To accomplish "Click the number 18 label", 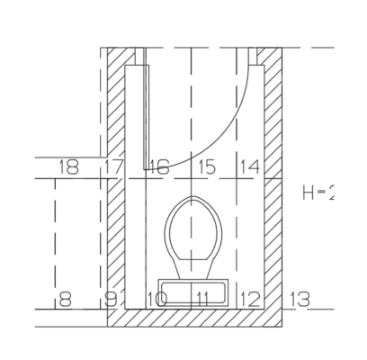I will tap(67, 167).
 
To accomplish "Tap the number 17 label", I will tap(113, 167).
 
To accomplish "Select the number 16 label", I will tap(159, 167).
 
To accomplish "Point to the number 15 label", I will tap(207, 167).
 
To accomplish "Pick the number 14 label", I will tap(251, 167).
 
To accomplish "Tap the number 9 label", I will tap(111, 298).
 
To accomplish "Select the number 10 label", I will tap(157, 298).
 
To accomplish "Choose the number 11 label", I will tap(204, 298).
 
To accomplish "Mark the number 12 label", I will tap(251, 298).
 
